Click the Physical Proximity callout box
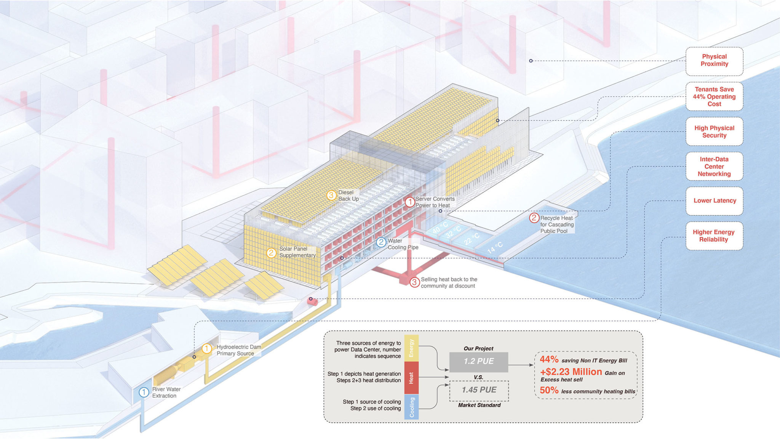[x=714, y=61]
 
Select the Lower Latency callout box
[x=714, y=201]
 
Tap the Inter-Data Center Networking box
[x=714, y=167]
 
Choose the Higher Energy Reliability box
[x=714, y=236]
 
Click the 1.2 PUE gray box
[x=479, y=362]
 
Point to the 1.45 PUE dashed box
[x=479, y=390]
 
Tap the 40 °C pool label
[x=440, y=228]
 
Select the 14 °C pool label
[x=495, y=248]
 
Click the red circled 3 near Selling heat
[x=414, y=283]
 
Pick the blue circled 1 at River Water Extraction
[x=144, y=393]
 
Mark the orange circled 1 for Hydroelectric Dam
[x=206, y=349]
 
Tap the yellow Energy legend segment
[x=411, y=348]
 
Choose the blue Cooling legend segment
[x=411, y=407]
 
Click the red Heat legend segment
[x=411, y=378]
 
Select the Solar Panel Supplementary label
[x=297, y=252]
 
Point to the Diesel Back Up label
[x=348, y=196]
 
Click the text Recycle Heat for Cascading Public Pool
[x=556, y=224]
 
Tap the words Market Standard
[x=479, y=405]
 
